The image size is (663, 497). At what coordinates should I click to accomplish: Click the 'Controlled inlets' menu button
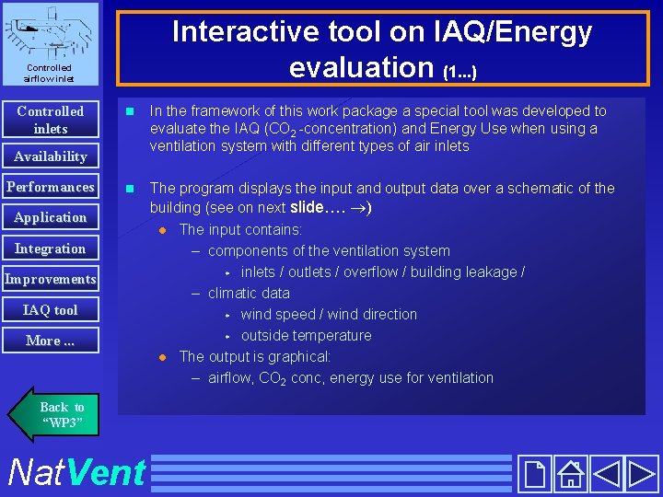[50, 120]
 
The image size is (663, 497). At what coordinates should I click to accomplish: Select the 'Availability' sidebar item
[50, 156]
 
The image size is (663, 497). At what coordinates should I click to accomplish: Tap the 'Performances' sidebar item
[50, 187]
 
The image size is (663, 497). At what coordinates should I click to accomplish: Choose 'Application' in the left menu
[50, 217]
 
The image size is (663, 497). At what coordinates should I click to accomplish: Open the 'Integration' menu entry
[50, 248]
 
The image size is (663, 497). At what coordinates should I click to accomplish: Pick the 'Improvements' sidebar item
[50, 279]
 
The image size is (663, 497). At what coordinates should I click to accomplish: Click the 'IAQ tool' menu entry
[50, 310]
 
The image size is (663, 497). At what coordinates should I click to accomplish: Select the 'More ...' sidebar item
[50, 341]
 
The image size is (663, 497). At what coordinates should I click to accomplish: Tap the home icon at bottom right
[571, 474]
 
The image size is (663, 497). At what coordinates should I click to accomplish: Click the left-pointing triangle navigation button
[606, 474]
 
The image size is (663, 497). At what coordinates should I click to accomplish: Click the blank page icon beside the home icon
[534, 474]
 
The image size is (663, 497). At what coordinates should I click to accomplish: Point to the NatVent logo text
[76, 472]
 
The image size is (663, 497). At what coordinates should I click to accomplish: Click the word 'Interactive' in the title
[238, 32]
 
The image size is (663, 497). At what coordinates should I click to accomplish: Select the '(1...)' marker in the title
[459, 70]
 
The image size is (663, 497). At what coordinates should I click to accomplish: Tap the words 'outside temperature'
[306, 336]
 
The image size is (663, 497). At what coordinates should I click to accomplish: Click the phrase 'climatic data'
[249, 294]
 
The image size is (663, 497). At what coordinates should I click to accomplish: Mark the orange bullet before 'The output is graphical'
[161, 357]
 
